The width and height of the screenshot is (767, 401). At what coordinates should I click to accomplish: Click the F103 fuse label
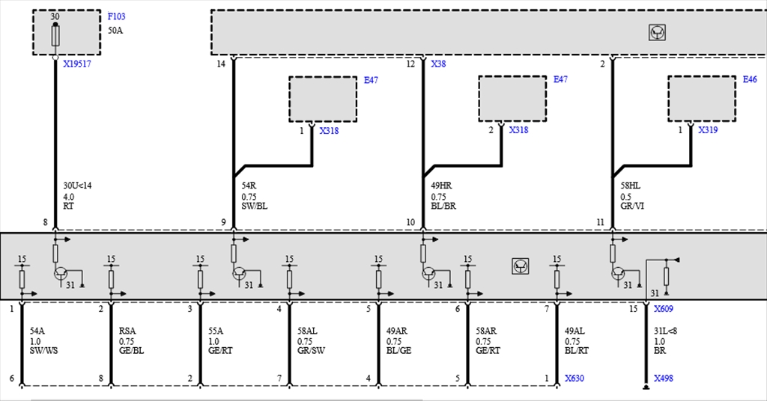pos(116,16)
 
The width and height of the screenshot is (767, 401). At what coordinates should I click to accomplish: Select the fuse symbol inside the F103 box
pos(55,36)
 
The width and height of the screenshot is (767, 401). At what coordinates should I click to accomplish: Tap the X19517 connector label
pos(77,64)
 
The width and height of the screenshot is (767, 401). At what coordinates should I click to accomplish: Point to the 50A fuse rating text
pos(115,30)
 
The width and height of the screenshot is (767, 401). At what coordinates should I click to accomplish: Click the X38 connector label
pos(438,64)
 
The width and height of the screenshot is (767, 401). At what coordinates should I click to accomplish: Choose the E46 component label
pos(749,79)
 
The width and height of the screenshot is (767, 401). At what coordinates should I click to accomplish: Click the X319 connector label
pos(708,130)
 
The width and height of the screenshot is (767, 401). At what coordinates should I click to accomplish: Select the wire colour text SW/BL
pos(255,206)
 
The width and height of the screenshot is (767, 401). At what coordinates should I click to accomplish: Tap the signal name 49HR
pos(441,186)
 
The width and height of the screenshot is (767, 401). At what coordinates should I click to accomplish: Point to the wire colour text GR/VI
pos(632,206)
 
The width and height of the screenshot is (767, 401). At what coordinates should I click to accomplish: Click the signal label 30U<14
pos(77,186)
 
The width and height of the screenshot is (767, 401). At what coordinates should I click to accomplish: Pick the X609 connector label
pos(664,309)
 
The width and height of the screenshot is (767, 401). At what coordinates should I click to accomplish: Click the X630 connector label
pos(575,378)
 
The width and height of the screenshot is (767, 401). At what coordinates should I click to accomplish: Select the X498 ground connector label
pos(664,378)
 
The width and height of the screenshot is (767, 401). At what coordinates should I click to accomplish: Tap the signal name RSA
pos(127,331)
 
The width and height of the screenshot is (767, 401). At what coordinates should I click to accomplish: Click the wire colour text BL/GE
pos(398,350)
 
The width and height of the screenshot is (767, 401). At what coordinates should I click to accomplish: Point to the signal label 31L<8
pos(665,331)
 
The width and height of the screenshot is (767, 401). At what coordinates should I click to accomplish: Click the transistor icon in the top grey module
pos(657,32)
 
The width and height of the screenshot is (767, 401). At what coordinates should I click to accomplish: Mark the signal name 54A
pos(37,331)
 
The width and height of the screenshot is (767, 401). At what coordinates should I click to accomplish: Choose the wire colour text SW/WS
pos(43,350)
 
